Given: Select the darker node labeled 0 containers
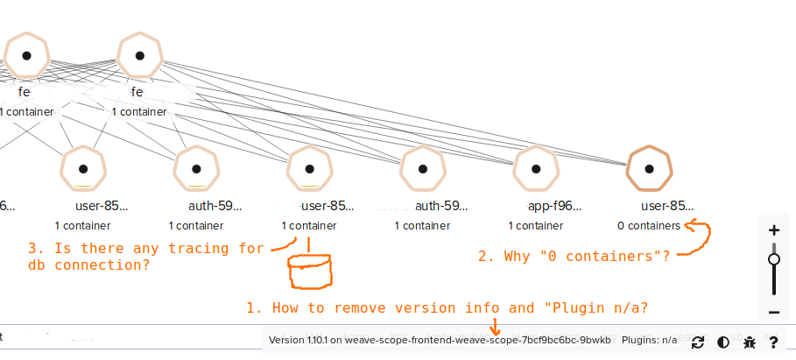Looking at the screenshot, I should pyautogui.click(x=649, y=168).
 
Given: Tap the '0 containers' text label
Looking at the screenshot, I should pyautogui.click(x=648, y=225).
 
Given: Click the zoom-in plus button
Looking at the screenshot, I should pyautogui.click(x=773, y=230).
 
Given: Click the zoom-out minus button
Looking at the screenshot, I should pyautogui.click(x=773, y=313).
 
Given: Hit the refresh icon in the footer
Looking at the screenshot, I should pyautogui.click(x=698, y=342).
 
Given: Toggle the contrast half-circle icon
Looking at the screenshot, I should pyautogui.click(x=723, y=342).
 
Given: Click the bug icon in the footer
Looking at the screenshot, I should pyautogui.click(x=749, y=342).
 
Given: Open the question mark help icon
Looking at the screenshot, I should pyautogui.click(x=774, y=342).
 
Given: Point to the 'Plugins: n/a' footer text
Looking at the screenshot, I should pyautogui.click(x=655, y=340).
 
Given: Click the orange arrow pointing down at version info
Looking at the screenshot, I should pyautogui.click(x=496, y=327).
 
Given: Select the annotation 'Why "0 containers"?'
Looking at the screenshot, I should pyautogui.click(x=573, y=257).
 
